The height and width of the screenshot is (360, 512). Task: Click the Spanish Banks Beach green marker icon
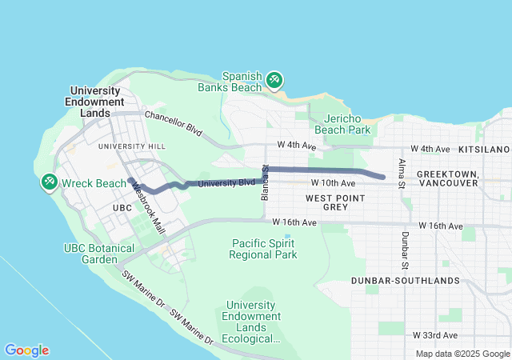click(x=274, y=79)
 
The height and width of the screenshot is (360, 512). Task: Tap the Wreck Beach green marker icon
click(x=50, y=182)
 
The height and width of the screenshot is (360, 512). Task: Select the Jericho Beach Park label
click(x=342, y=123)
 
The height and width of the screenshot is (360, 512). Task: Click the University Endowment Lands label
click(x=97, y=102)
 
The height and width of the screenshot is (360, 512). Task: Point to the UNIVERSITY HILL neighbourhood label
click(x=131, y=146)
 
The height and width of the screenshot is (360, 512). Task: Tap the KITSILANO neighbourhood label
click(x=484, y=150)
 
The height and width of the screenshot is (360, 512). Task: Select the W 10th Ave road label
click(x=334, y=184)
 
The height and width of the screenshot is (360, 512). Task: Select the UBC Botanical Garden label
click(x=99, y=254)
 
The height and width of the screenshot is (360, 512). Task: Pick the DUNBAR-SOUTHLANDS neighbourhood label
click(x=405, y=281)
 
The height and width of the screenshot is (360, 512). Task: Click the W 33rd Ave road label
click(x=435, y=334)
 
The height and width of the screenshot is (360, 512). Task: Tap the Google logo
click(x=26, y=350)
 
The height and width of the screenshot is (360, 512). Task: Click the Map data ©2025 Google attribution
click(x=462, y=354)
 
